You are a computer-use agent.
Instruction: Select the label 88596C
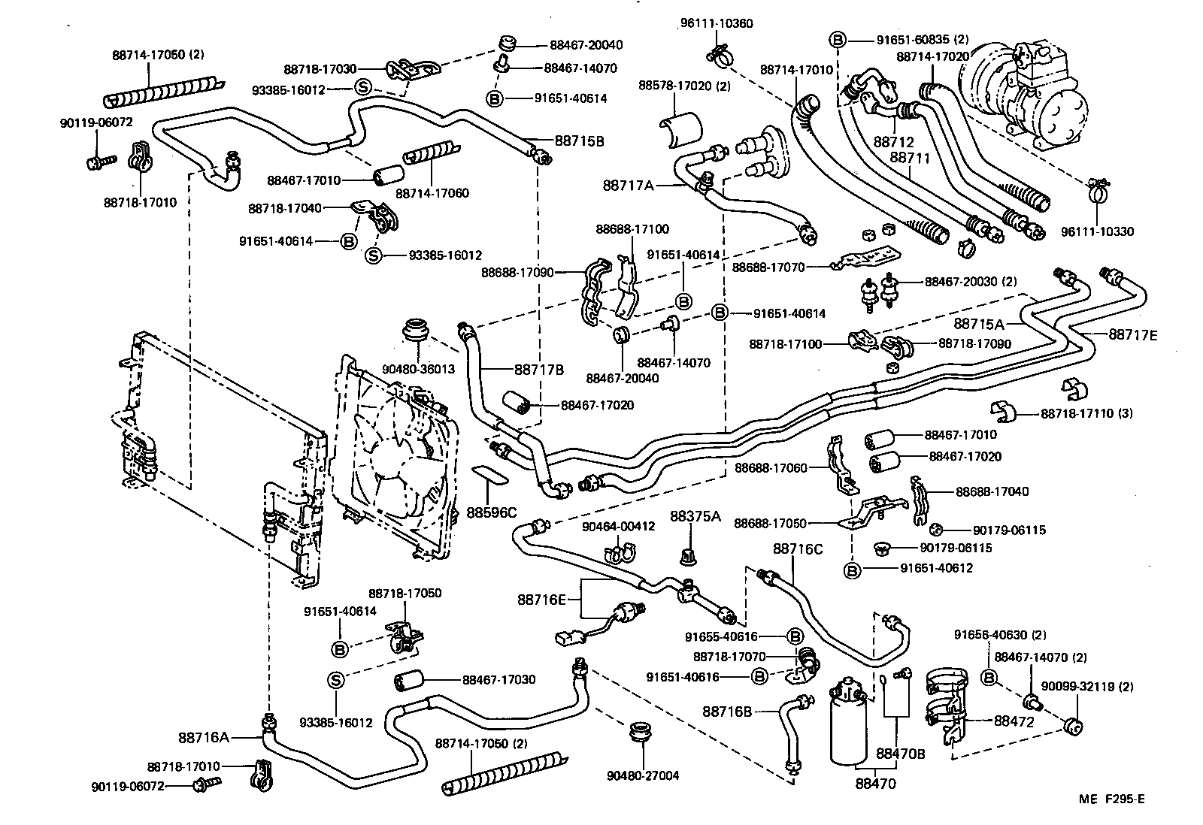[x=492, y=512]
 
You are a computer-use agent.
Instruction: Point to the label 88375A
[x=695, y=516]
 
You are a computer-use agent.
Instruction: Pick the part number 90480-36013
[x=418, y=369]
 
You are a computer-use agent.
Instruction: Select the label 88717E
[x=1132, y=336]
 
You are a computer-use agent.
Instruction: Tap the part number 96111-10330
[x=1097, y=231]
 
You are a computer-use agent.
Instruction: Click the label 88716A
[x=204, y=737]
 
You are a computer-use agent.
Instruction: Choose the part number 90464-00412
[x=618, y=526]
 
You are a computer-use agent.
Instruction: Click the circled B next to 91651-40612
[x=852, y=570]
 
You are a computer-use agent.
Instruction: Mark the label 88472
[x=1014, y=721]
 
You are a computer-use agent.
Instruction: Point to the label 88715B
[x=580, y=141]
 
